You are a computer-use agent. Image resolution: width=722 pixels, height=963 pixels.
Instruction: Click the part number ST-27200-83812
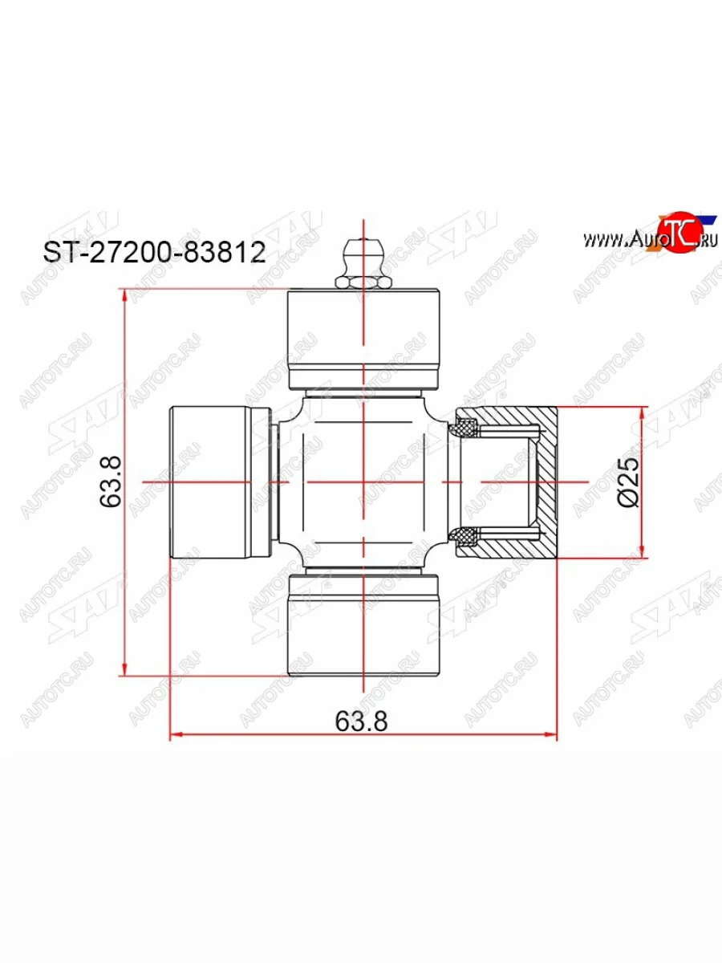click(x=153, y=254)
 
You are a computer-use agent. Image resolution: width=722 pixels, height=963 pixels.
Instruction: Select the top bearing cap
click(x=363, y=337)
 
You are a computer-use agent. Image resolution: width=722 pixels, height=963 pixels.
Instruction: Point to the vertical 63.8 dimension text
click(x=110, y=481)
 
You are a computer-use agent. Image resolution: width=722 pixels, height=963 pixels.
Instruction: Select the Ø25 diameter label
click(x=629, y=481)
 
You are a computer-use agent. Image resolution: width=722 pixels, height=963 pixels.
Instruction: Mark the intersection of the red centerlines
click(x=363, y=481)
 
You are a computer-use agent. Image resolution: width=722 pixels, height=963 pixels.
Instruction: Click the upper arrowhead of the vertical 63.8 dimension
click(x=124, y=296)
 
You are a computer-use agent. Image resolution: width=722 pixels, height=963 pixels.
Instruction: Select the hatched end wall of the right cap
click(x=547, y=481)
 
